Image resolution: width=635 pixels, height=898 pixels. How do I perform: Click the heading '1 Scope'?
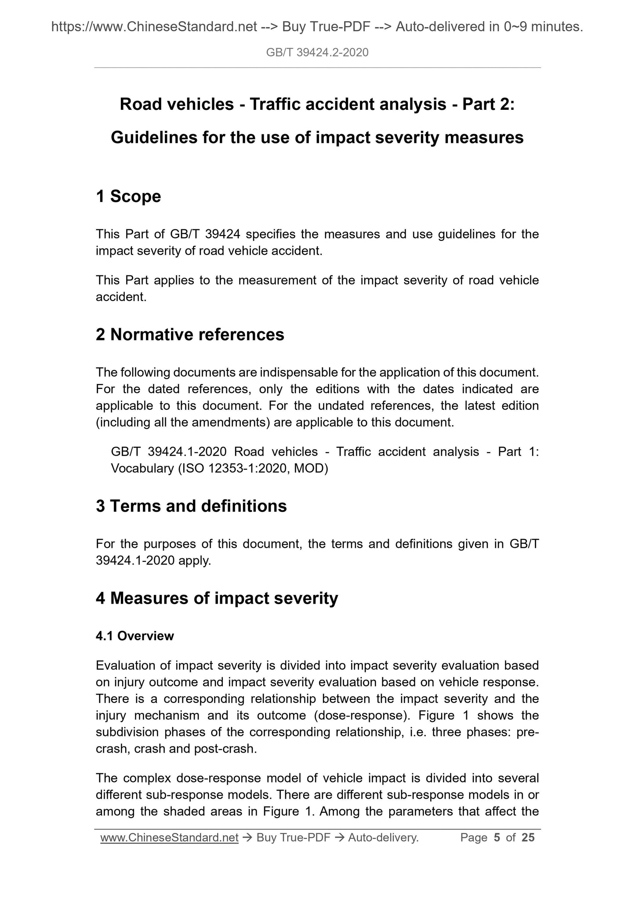pyautogui.click(x=128, y=196)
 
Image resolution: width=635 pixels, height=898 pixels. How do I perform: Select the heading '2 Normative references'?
pyautogui.click(x=190, y=335)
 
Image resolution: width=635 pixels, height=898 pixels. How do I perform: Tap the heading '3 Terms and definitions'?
pyautogui.click(x=191, y=506)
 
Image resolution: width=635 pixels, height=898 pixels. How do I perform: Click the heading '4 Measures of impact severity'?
pyautogui.click(x=217, y=598)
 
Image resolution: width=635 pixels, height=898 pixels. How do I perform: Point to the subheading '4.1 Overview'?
pyautogui.click(x=135, y=636)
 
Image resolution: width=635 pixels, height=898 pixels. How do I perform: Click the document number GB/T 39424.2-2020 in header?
pyautogui.click(x=317, y=53)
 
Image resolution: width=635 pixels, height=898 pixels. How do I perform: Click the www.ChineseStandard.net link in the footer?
pyautogui.click(x=169, y=838)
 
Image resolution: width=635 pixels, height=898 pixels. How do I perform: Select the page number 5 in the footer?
pyautogui.click(x=497, y=838)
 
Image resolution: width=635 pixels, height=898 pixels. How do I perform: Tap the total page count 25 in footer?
pyautogui.click(x=528, y=838)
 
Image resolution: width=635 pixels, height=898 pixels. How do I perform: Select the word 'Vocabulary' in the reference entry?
pyautogui.click(x=142, y=468)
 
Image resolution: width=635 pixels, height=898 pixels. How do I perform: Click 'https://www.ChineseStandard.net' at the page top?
pyautogui.click(x=154, y=27)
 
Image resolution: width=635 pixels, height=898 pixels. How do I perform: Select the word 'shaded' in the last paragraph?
pyautogui.click(x=185, y=811)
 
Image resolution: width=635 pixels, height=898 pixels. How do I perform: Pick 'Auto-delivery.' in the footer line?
pyautogui.click(x=383, y=838)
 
